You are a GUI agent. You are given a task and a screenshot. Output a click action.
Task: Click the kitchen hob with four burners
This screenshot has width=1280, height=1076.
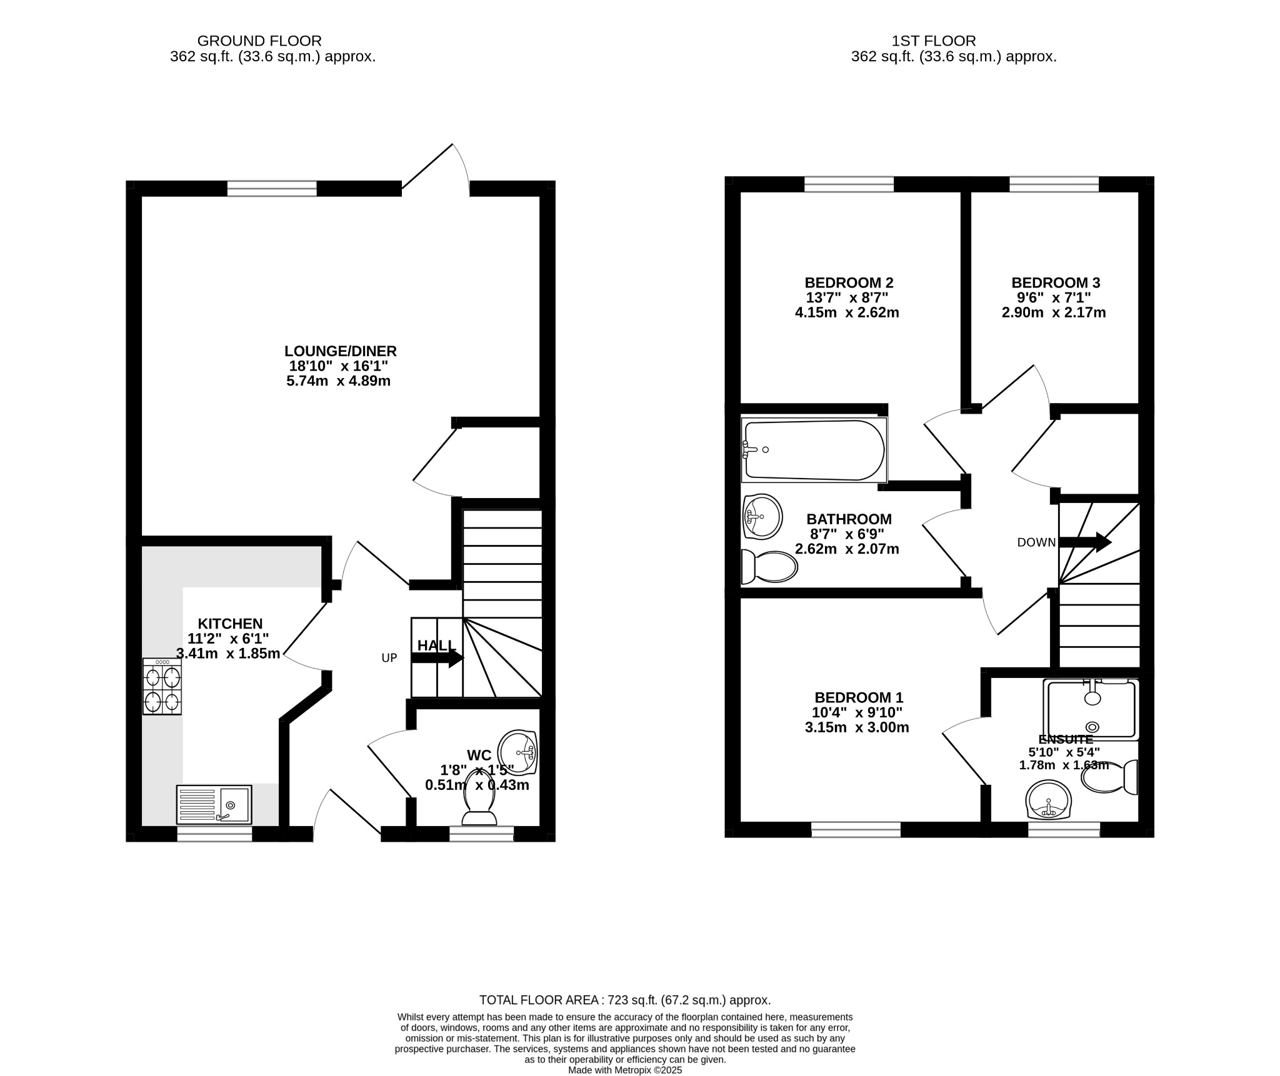pos(162,686)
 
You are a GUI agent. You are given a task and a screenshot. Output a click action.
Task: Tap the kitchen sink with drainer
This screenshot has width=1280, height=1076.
pos(214,804)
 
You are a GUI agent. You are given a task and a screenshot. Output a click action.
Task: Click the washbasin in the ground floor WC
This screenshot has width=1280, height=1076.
pos(517,752)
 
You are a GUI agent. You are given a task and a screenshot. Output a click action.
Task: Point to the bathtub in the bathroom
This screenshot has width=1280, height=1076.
pos(814,450)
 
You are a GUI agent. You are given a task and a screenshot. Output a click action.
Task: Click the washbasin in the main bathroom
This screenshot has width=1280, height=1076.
pos(762,516)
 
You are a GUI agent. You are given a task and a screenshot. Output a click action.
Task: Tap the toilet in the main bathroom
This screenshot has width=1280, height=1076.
pos(769,567)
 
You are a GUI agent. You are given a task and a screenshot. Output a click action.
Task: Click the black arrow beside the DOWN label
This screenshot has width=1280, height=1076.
pos(1085,542)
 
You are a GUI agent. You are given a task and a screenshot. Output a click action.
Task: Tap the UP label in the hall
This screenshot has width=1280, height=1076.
pos(389,658)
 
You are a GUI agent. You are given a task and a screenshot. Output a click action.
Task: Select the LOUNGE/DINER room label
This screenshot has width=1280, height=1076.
pos(341,351)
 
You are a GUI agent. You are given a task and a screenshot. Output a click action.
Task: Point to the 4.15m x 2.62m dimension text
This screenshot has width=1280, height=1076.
pos(847,312)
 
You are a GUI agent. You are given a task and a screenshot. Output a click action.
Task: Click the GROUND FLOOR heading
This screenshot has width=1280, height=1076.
pos(259,41)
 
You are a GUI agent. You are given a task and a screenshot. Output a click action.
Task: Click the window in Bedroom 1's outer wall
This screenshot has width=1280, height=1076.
pos(856,829)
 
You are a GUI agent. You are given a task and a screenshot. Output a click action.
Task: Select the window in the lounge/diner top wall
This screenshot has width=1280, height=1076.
pos(272,188)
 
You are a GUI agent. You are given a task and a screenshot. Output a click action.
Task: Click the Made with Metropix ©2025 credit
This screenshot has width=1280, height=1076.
pos(625,1070)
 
